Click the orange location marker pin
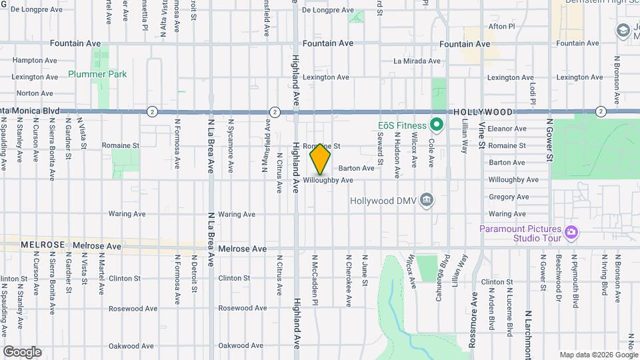click(320, 159)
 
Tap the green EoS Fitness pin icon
click(437, 124)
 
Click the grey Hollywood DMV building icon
click(427, 199)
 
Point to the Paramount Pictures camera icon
click(571, 232)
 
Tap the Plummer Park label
click(97, 75)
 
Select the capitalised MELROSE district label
click(43, 245)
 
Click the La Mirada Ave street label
click(417, 61)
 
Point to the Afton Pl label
click(502, 27)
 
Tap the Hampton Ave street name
click(32, 59)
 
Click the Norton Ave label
click(34, 93)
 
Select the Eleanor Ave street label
click(507, 129)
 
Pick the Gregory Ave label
click(508, 197)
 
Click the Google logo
click(22, 351)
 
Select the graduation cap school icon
click(623, 31)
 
